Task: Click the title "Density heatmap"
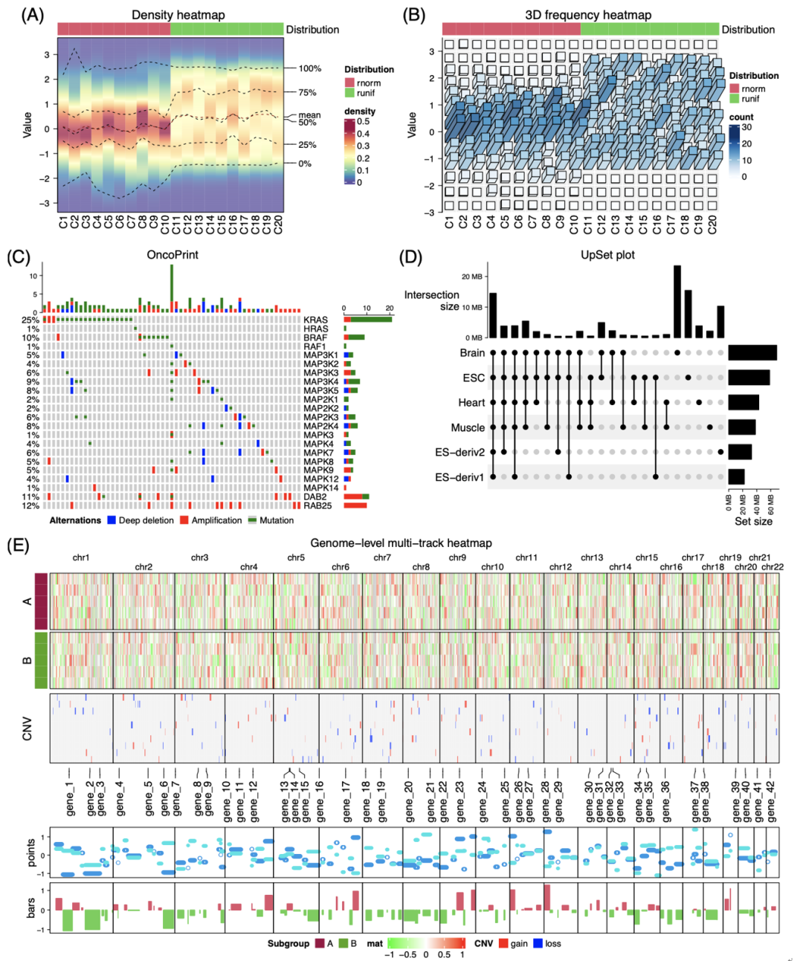178,15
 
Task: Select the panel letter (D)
410,257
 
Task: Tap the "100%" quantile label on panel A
310,68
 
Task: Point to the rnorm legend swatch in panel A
349,83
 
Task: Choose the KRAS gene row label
315,320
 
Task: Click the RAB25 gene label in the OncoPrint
317,506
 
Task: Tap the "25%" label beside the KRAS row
30,320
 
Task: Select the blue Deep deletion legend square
112,520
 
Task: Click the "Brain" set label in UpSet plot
472,353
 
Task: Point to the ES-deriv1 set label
459,477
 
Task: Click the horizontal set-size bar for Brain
752,353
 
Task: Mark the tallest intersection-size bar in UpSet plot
677,301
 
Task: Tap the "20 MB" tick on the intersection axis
472,276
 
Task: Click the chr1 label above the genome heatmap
81,557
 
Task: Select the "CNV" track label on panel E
28,728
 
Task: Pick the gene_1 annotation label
70,799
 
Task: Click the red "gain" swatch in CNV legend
503,944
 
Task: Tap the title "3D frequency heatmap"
587,15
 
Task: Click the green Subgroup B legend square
343,944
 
